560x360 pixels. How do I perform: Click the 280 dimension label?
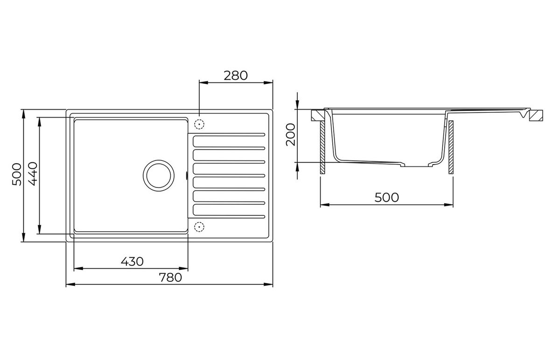[x=236, y=76]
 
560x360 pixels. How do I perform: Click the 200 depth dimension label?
[x=290, y=134]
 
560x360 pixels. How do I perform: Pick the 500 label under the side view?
[x=386, y=197]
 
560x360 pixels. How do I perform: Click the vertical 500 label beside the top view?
[x=17, y=174]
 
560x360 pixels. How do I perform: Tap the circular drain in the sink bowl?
[x=159, y=176]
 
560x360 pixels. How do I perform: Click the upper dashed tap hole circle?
[x=199, y=124]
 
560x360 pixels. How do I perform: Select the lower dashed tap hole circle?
[x=199, y=227]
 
